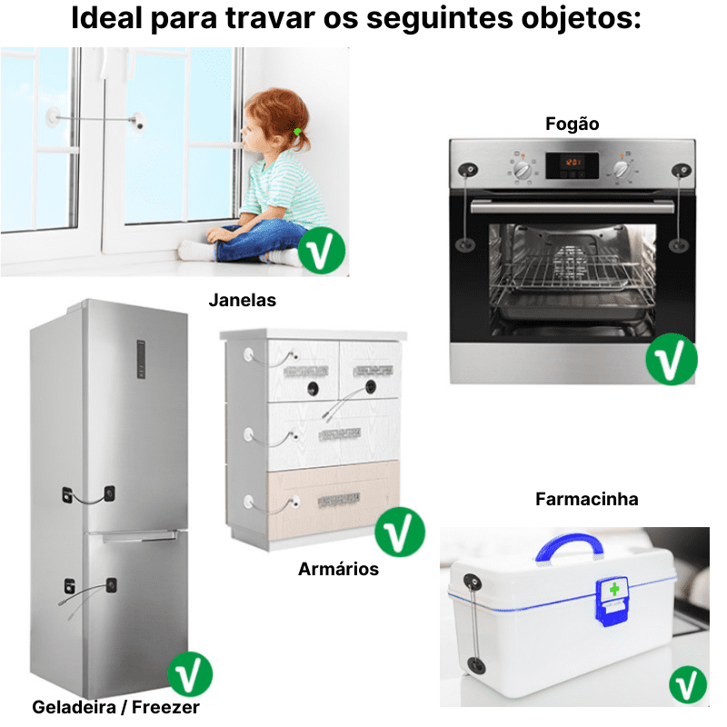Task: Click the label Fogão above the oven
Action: [572, 124]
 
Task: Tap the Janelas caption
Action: [242, 300]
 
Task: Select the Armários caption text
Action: [338, 570]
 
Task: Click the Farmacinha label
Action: [586, 499]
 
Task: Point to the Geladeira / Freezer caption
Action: [115, 706]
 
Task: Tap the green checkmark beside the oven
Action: [671, 359]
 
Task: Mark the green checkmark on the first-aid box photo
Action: [688, 684]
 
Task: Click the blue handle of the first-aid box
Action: [568, 547]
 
